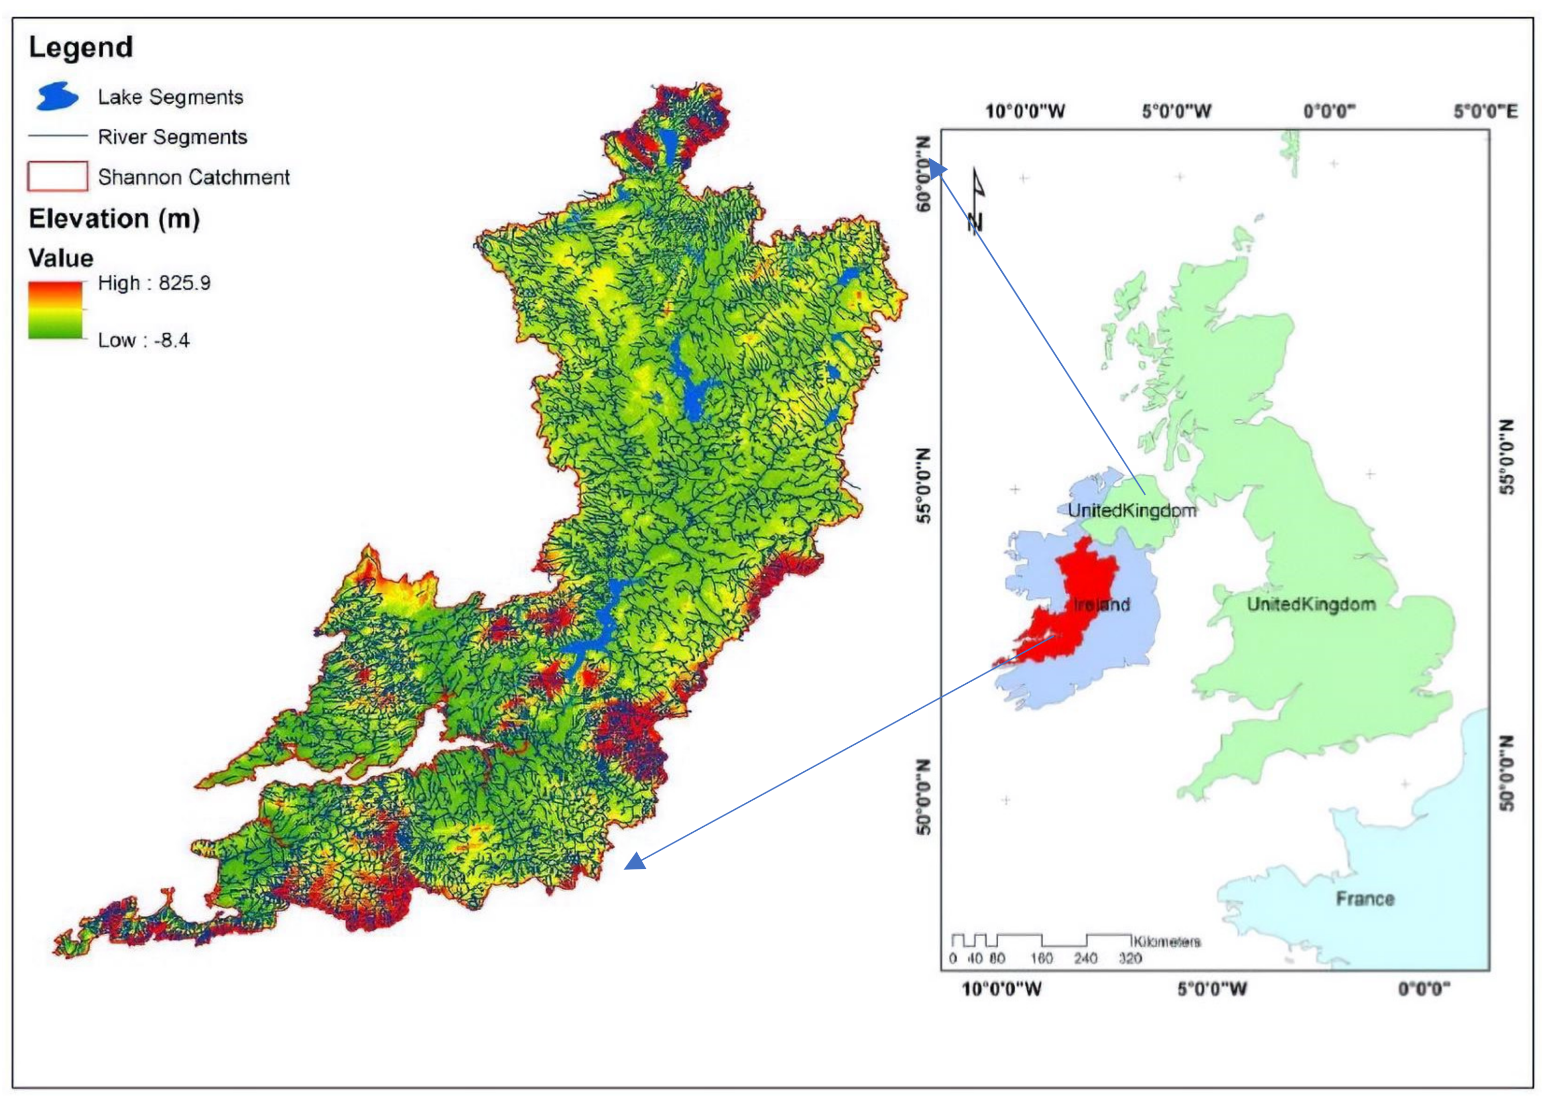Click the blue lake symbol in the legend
tap(57, 96)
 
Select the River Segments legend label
tap(172, 137)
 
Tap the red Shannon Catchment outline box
tap(57, 176)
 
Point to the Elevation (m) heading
tap(114, 219)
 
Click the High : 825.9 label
tap(154, 283)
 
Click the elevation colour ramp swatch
tap(55, 310)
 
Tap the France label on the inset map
tap(1364, 898)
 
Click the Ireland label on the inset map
tap(1102, 604)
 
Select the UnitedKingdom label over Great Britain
tap(1310, 604)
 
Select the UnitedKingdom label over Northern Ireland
tap(1131, 511)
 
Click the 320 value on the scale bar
tap(1129, 959)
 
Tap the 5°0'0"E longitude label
tap(1485, 111)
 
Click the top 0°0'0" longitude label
tap(1329, 111)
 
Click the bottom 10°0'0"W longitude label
tap(1001, 988)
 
